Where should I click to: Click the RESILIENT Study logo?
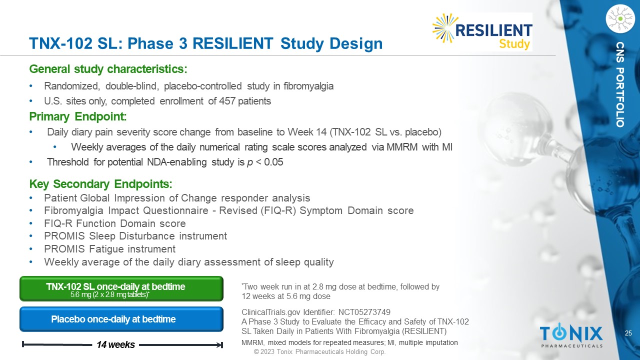[x=482, y=31]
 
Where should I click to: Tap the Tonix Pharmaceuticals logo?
[x=571, y=335]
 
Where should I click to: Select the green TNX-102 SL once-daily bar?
[x=121, y=288]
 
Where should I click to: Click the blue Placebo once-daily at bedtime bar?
[x=121, y=319]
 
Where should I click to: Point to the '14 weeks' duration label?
[x=115, y=345]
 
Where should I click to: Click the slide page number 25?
[x=628, y=333]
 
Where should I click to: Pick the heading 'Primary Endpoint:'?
[x=78, y=116]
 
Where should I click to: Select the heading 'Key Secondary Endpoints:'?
[x=100, y=184]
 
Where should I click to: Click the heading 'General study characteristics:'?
[x=108, y=69]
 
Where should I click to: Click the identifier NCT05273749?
[x=364, y=312]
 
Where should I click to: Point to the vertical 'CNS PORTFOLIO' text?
[x=620, y=84]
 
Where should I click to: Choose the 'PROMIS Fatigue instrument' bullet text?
[x=109, y=249]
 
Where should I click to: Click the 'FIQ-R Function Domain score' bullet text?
[x=115, y=223]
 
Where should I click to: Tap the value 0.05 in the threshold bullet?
[x=273, y=162]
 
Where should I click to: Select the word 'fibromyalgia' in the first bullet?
[x=308, y=86]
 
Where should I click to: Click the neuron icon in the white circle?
[x=620, y=18]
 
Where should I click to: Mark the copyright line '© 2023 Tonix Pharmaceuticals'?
[x=319, y=351]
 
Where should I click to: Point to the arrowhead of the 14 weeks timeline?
[x=220, y=345]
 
